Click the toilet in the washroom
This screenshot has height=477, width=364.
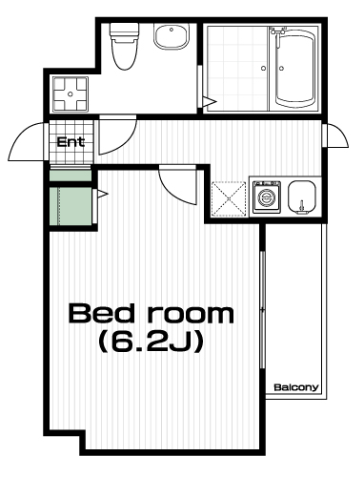coord(124,46)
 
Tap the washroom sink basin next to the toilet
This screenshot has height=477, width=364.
coord(172,37)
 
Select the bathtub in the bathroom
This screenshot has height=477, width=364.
coord(295,69)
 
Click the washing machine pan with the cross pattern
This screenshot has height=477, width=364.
coord(71,94)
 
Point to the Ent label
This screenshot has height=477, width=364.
coord(71,142)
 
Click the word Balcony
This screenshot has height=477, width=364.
coord(296,387)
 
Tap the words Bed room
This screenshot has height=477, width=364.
coord(152,314)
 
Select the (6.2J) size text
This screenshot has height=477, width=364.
coord(151,342)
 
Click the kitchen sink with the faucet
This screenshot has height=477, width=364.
coord(301,197)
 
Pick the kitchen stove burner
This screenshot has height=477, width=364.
coord(267,197)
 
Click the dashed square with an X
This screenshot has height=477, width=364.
coord(229,199)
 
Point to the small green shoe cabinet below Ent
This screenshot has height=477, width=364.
coord(71,176)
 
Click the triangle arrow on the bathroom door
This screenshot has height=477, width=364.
coord(210,102)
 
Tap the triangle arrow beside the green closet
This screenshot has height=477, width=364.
coord(103,194)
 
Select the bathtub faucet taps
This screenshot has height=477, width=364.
coord(277,31)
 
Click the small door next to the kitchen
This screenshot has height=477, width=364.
coord(335,135)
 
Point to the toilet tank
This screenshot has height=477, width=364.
coord(125,31)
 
